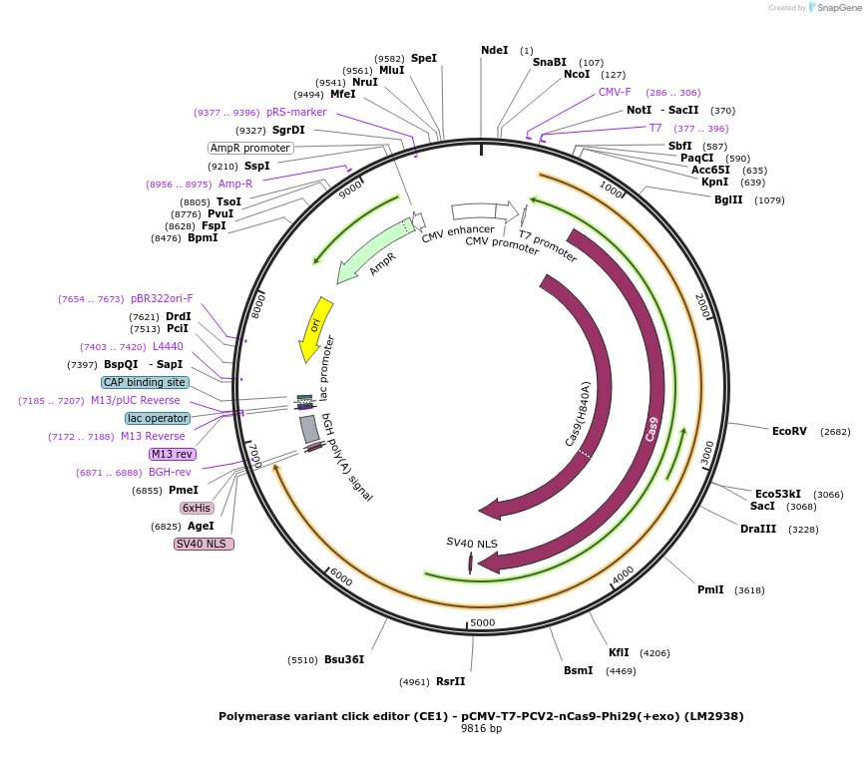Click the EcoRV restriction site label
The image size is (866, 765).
click(789, 431)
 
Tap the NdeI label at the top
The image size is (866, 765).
click(494, 50)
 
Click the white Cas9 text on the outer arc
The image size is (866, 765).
click(652, 429)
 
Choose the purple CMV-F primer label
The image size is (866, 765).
click(615, 92)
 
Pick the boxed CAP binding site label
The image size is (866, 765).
click(145, 382)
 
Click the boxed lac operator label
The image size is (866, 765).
click(157, 418)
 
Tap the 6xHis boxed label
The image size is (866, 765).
click(196, 508)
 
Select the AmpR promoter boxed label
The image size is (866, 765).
click(250, 148)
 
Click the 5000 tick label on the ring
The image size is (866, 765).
click(483, 622)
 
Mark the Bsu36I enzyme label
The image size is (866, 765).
click(344, 659)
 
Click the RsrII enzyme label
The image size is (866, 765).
click(450, 681)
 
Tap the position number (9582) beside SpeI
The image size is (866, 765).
click(389, 59)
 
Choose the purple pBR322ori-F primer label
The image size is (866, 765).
click(162, 298)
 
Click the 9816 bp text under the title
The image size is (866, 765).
click(481, 729)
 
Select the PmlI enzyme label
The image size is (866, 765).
click(710, 589)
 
